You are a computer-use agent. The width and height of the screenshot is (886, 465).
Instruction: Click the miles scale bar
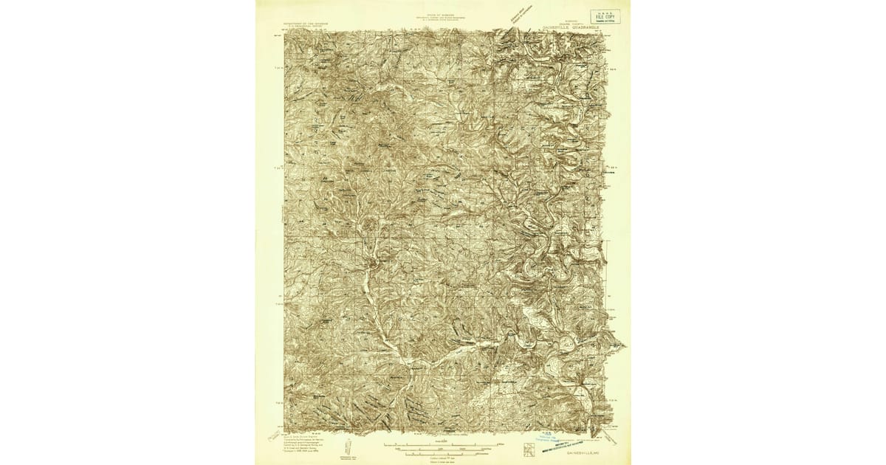tap(441, 444)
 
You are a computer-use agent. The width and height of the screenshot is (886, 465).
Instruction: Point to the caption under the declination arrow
tap(348, 458)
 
